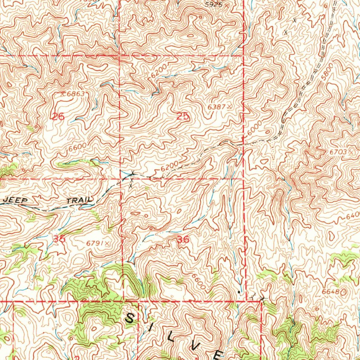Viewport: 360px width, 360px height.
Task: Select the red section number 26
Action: pyautogui.click(x=58, y=117)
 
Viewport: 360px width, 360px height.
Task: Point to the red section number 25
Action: pyautogui.click(x=183, y=117)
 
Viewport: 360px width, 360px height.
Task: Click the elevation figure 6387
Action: pyautogui.click(x=217, y=106)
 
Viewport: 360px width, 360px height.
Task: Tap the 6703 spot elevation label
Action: pyautogui.click(x=338, y=152)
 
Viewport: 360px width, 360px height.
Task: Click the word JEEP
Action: pyautogui.click(x=15, y=200)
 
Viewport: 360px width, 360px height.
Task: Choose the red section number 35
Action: pyautogui.click(x=59, y=239)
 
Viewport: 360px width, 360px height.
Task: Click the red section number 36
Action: pyautogui.click(x=183, y=240)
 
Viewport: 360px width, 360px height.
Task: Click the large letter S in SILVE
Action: pyautogui.click(x=130, y=319)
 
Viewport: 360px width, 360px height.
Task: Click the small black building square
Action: pyautogui.click(x=239, y=292)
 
